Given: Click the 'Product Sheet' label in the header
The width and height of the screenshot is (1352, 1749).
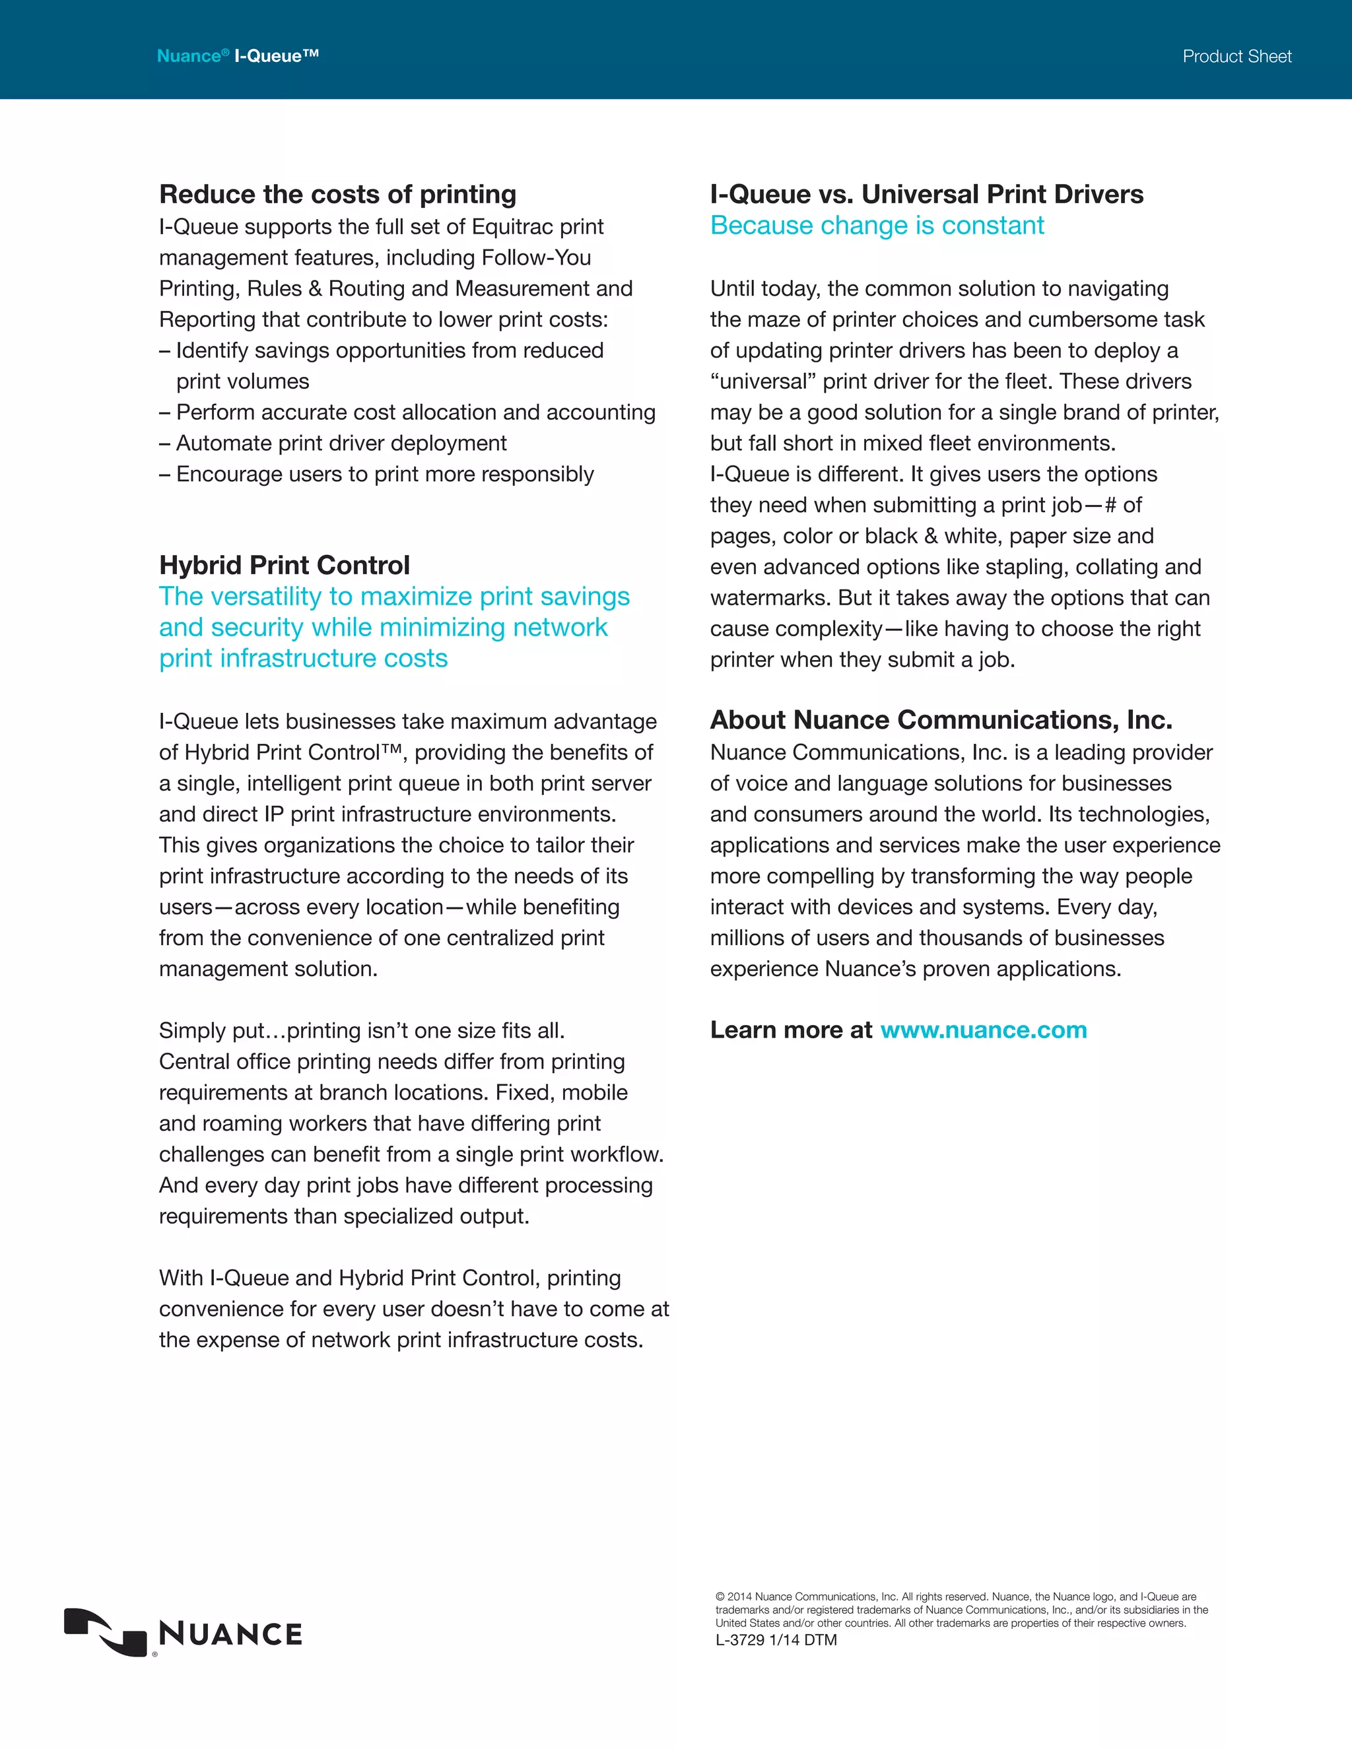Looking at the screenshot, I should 1236,56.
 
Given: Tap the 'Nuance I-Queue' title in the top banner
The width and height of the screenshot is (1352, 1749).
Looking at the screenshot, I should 238,56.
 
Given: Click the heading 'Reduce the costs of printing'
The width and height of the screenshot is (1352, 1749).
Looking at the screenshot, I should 337,195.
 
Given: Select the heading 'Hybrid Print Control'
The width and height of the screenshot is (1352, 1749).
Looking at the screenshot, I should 285,566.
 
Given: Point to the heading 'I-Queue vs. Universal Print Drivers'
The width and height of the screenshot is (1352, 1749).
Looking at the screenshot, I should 926,195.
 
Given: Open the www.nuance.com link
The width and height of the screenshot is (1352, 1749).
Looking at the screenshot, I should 983,1030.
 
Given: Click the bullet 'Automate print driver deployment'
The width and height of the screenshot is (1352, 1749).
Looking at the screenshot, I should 341,443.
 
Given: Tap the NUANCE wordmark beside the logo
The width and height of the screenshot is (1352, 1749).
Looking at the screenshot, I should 230,1633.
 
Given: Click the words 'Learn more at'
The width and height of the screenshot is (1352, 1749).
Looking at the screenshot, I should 790,1030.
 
